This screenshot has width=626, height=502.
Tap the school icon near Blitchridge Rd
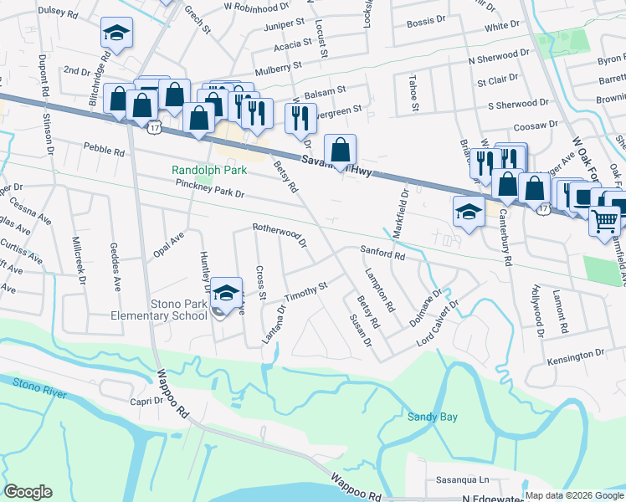pos(116,34)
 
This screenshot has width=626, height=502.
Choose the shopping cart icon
pos(605,222)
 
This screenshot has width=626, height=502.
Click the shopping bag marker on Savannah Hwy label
pos(340,151)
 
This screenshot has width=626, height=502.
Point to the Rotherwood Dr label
pos(280,233)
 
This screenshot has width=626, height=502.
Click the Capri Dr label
pos(146,401)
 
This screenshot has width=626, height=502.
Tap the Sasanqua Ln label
pos(461,480)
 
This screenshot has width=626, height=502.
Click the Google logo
pos(28,492)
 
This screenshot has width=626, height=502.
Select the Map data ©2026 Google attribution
pos(574,495)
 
